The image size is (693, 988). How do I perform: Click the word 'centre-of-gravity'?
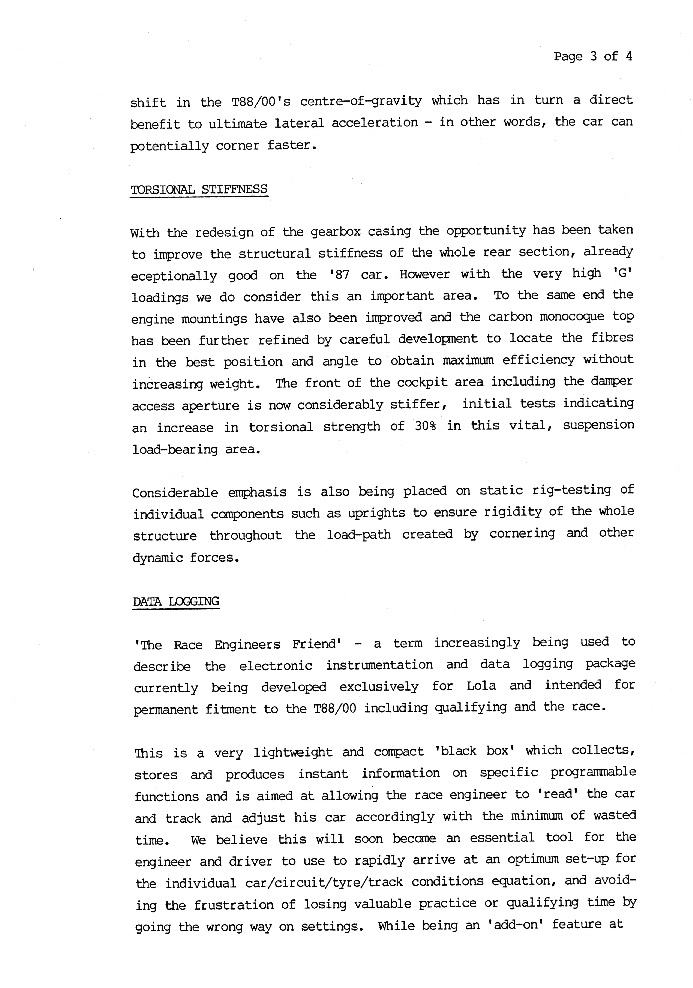[360, 101]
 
